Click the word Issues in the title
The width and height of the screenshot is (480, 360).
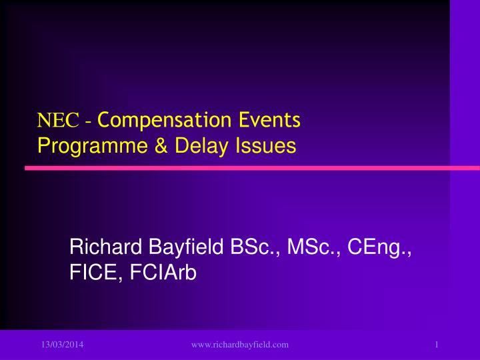click(261, 145)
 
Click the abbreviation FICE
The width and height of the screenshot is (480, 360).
click(93, 273)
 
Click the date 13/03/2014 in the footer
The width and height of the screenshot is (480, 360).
click(55, 344)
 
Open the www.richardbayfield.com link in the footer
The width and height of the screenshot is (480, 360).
click(239, 344)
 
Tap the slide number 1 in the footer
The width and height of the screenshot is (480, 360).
click(435, 344)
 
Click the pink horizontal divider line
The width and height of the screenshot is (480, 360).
click(240, 169)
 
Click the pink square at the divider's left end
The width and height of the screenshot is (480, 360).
click(29, 169)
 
